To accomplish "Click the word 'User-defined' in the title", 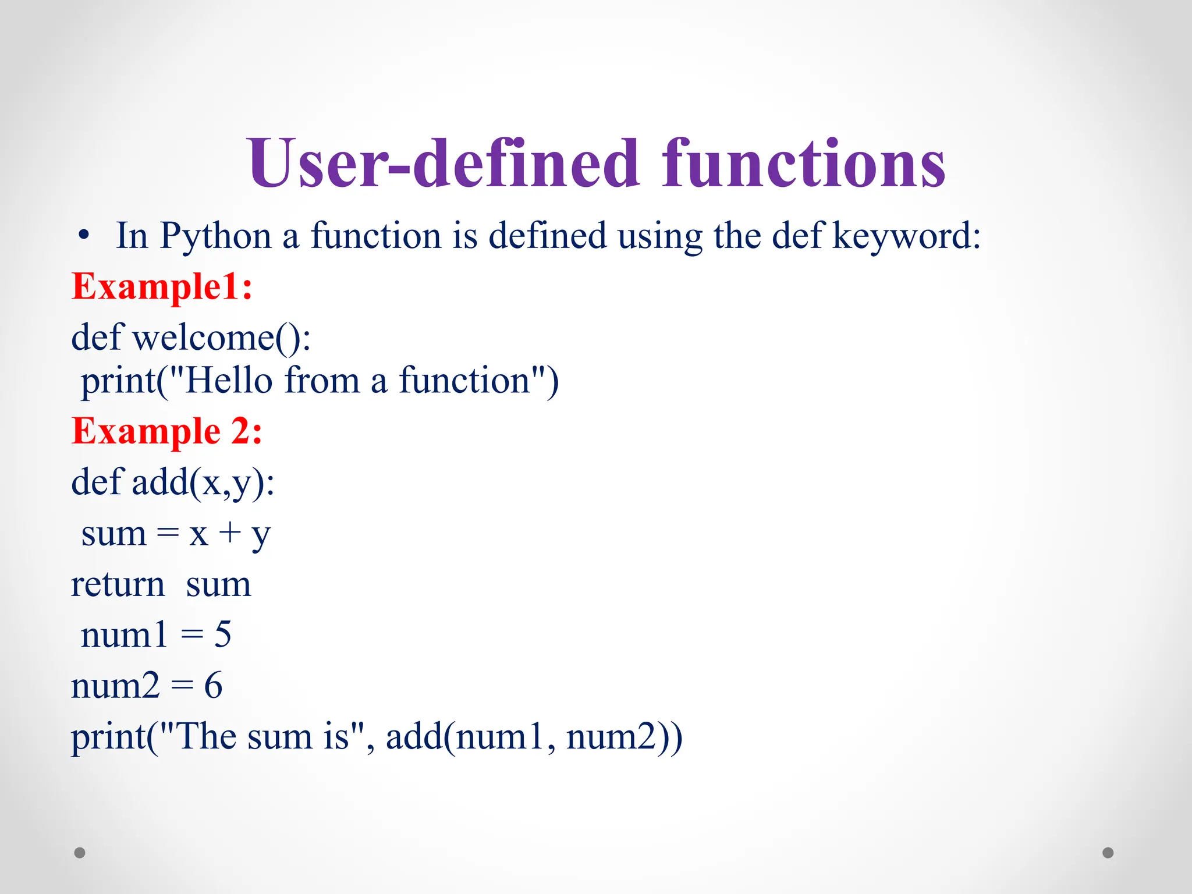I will (442, 164).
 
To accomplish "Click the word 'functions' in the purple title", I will (803, 164).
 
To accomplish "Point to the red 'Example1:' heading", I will (162, 287).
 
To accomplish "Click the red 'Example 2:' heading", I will (166, 431).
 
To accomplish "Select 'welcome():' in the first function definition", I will (221, 338).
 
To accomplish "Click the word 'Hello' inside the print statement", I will (228, 381).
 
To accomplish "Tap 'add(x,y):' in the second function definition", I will (203, 483).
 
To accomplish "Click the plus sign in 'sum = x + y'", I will (230, 533).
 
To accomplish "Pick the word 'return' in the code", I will (118, 584).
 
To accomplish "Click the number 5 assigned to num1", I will (222, 634).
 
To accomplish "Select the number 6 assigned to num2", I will (213, 686).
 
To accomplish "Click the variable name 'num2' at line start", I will (115, 686).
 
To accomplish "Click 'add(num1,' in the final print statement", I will (470, 737).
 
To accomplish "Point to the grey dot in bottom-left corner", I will (80, 853).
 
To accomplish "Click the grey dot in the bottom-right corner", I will (1108, 853).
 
